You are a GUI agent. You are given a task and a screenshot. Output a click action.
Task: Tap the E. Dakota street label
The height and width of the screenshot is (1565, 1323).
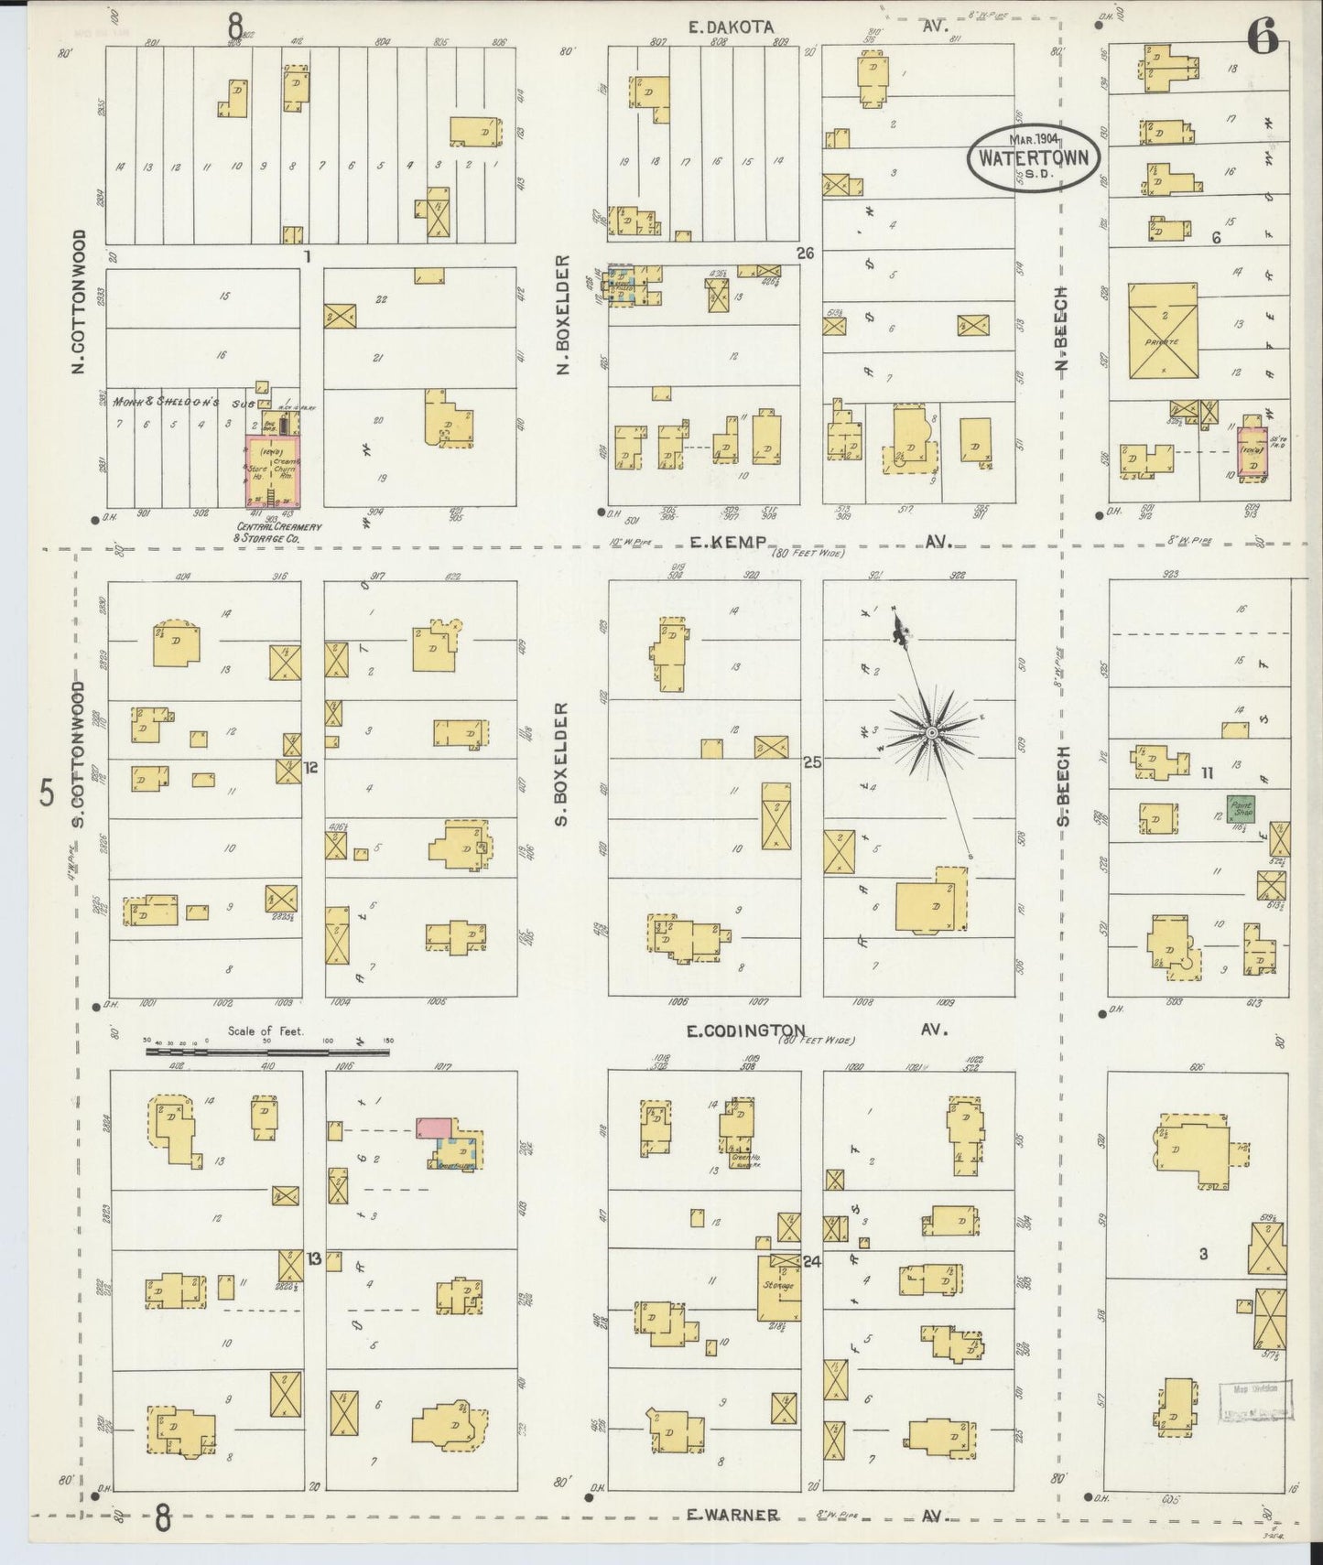pos(731,27)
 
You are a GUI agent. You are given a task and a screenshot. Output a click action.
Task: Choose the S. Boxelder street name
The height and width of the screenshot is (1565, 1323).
pos(562,763)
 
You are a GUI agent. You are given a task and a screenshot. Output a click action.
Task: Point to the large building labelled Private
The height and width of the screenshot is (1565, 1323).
pos(1162,330)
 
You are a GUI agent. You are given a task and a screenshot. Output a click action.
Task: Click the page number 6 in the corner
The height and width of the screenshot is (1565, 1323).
pos(1266,38)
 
